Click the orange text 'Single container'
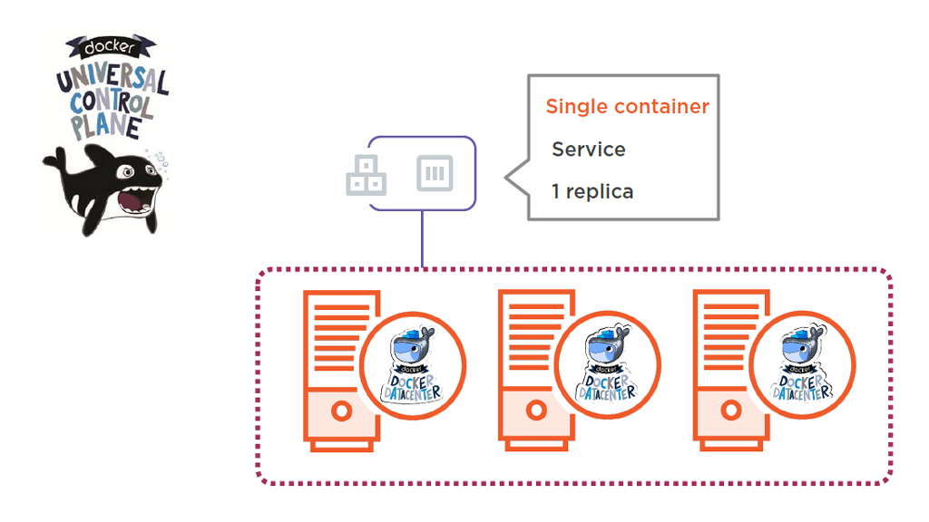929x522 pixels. [627, 107]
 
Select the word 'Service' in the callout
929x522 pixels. [588, 150]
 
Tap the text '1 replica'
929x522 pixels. [592, 192]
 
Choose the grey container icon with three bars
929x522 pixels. [435, 172]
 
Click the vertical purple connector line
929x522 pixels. [423, 239]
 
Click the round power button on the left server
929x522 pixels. [341, 411]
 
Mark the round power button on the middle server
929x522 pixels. [536, 411]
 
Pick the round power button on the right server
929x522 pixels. [730, 411]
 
